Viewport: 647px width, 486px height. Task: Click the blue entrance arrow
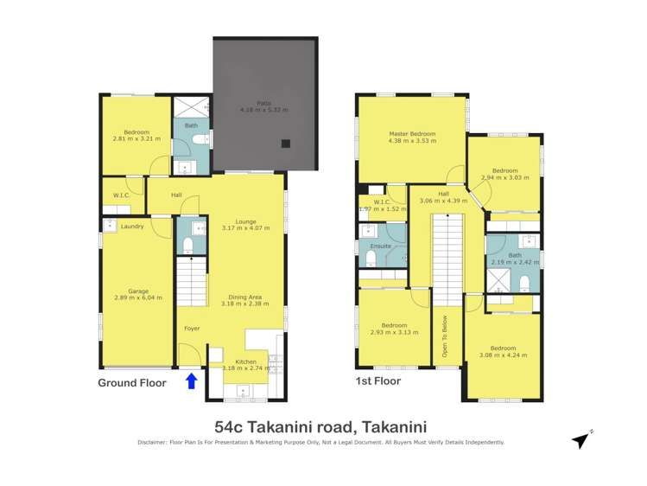191,380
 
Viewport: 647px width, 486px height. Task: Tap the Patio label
251,104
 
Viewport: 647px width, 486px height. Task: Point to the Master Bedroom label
411,135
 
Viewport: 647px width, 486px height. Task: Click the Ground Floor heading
132,381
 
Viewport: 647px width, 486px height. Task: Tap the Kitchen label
246,361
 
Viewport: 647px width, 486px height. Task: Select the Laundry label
132,227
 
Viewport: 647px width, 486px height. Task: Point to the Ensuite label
380,246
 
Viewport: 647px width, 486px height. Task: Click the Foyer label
192,328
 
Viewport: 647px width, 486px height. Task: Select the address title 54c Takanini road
320,425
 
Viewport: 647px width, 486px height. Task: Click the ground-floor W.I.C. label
120,195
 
